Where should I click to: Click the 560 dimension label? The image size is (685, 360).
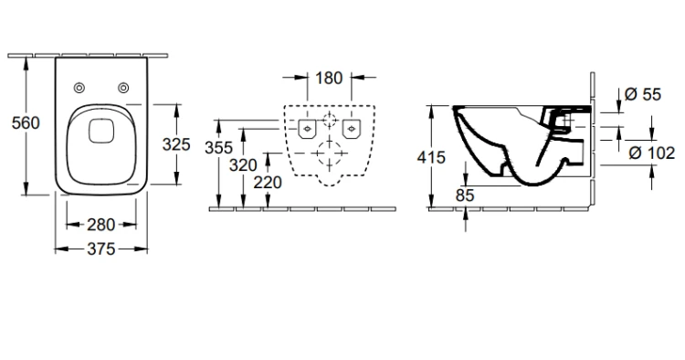(26, 122)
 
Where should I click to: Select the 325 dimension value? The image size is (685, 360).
(176, 144)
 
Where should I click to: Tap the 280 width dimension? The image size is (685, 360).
(100, 225)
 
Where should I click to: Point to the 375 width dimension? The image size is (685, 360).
(100, 249)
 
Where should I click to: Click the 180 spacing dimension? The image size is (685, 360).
(329, 79)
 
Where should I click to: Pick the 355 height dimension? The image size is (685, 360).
(219, 148)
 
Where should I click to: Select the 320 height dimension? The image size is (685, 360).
(243, 165)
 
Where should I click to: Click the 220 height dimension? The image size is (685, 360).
(268, 182)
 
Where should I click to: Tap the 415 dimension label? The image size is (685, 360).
(431, 157)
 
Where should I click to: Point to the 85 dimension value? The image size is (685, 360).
(464, 196)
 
